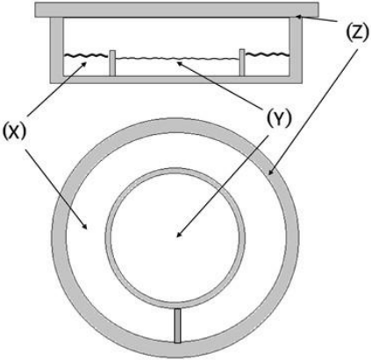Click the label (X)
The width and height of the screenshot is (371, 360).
tap(14, 131)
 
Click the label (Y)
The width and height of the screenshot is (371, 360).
tap(279, 118)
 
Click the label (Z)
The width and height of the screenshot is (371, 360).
tap(356, 33)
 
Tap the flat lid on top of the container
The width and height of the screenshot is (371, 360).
tap(176, 10)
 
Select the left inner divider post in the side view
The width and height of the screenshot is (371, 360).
tap(112, 63)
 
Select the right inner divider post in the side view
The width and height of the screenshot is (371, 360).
tap(242, 62)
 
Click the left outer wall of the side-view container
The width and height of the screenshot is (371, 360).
tap(56, 50)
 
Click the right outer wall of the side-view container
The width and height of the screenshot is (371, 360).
tap(296, 51)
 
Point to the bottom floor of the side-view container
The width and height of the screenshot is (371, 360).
tap(176, 80)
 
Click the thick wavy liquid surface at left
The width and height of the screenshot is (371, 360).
tap(85, 54)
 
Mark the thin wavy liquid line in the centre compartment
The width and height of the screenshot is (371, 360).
tap(177, 59)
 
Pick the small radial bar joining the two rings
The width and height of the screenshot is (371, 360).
tap(177, 325)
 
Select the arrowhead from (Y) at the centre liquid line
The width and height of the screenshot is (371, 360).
tap(180, 63)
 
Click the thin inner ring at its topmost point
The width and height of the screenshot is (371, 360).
tap(175, 169)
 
